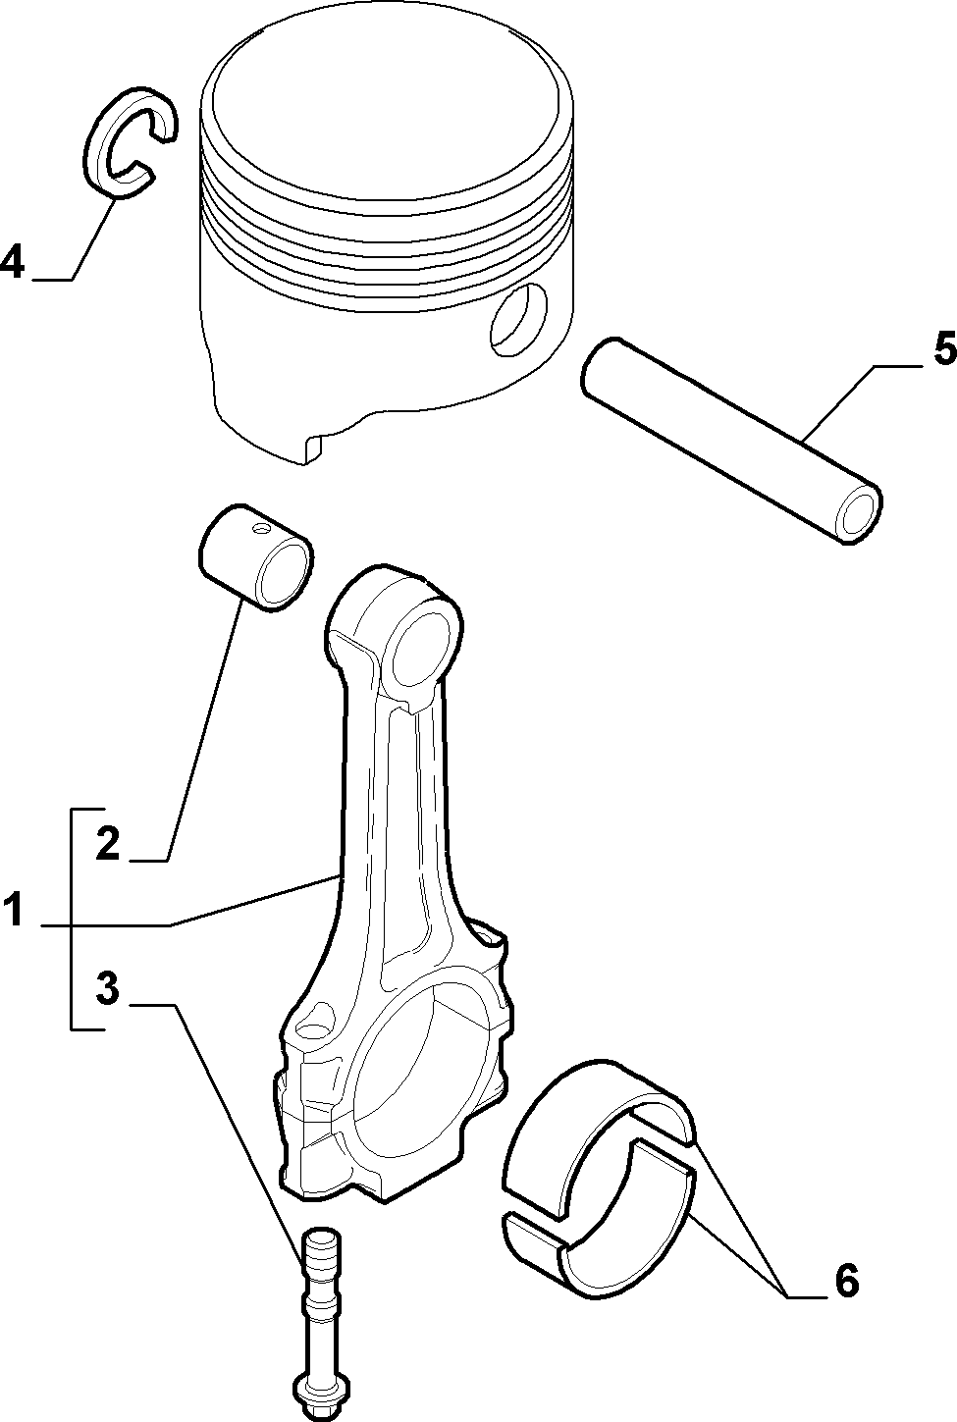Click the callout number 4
point(13,261)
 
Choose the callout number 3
point(107,988)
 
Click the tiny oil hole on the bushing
point(260,528)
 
